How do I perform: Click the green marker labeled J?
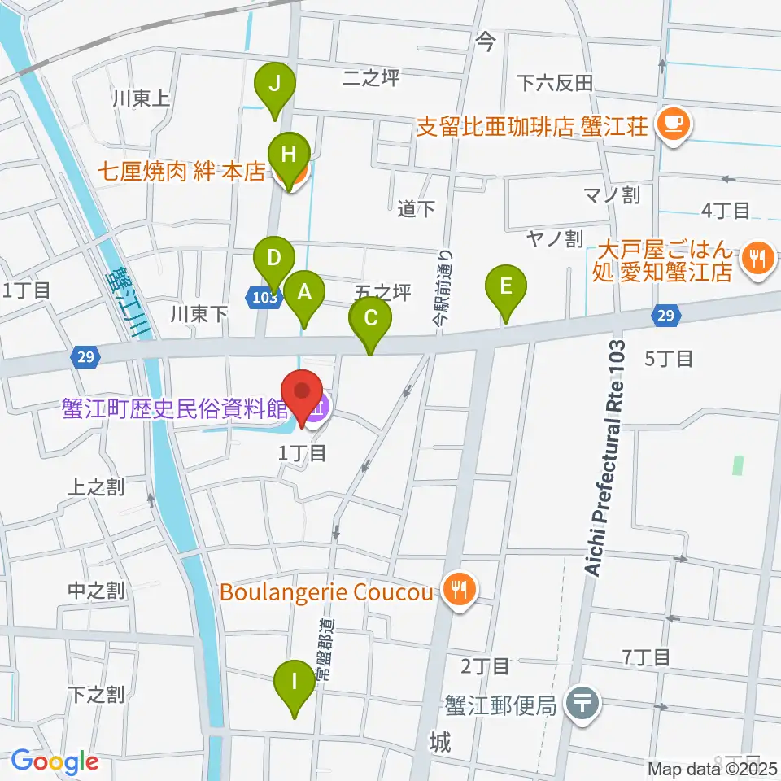[x=275, y=84]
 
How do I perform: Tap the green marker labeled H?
[x=289, y=154]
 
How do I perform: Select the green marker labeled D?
[x=274, y=260]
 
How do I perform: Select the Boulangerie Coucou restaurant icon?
[x=459, y=591]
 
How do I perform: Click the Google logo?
[x=55, y=761]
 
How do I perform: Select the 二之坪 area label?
[x=372, y=78]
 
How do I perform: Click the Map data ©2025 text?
[x=712, y=767]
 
